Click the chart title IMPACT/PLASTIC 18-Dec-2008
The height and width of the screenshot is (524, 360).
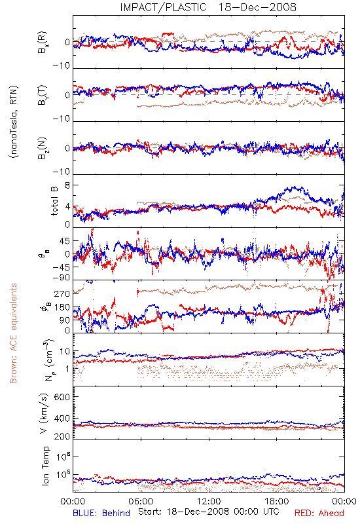point(208,7)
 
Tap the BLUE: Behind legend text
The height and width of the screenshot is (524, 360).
point(101,513)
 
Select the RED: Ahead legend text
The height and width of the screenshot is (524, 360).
point(319,513)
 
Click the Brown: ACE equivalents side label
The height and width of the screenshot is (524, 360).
point(13,333)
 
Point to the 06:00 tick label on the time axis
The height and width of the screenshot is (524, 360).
point(141,501)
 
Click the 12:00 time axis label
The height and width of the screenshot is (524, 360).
point(209,501)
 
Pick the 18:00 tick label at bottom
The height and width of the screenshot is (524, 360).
point(277,501)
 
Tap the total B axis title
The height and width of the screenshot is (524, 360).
point(54,201)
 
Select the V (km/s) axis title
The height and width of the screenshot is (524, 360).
point(44,413)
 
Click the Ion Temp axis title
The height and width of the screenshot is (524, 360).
point(45,466)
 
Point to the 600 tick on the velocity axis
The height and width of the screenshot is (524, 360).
point(62,397)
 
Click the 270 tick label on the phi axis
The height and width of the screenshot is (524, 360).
point(62,293)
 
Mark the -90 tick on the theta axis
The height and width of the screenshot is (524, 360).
point(61,278)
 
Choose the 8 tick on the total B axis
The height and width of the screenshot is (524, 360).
point(67,185)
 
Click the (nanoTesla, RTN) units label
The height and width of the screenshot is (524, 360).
point(14,122)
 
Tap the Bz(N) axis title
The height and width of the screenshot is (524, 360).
point(43,148)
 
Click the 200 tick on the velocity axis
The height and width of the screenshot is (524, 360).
point(62,436)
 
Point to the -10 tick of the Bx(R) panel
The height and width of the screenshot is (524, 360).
point(61,66)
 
